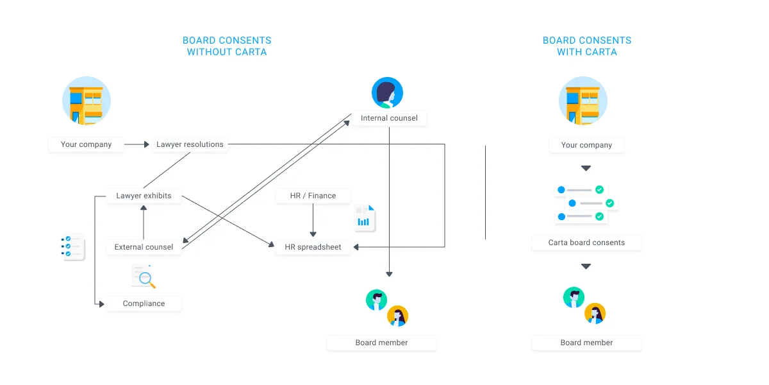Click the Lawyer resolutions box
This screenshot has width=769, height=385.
point(190,144)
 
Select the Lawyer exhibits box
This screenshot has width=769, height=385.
point(144,196)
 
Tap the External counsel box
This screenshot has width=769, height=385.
point(144,247)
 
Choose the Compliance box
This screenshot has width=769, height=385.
point(144,304)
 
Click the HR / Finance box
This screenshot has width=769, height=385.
point(313,196)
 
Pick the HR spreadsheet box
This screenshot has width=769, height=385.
point(313,247)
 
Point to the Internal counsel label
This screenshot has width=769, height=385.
point(389,118)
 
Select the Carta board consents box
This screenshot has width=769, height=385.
point(586,243)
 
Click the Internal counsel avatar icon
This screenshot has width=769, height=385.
point(387,92)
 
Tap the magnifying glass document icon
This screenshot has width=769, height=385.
point(144,277)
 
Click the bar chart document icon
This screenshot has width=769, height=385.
point(365,218)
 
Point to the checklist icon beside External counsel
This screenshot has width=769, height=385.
point(73,247)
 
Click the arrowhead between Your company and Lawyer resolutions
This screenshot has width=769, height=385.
point(147,144)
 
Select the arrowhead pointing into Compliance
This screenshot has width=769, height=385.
point(102,304)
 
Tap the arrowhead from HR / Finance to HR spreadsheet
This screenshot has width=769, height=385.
point(313,234)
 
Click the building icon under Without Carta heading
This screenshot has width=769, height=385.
point(87,101)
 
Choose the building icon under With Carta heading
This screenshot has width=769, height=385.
point(583,101)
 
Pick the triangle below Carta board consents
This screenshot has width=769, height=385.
point(586,266)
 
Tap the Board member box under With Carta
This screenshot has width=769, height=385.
point(586,343)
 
